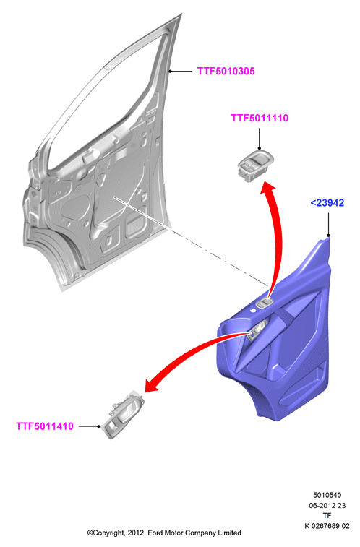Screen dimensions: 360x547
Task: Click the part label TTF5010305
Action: point(226,71)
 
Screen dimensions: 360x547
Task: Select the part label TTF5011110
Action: point(260,118)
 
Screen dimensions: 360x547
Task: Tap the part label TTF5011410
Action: point(45,426)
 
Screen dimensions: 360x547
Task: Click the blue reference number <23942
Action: point(327,202)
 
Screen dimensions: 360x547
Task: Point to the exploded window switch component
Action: point(256,166)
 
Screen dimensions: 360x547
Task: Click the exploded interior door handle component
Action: point(122,414)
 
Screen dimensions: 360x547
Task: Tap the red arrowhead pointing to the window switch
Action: point(267,188)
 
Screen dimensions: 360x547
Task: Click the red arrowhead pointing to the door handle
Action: point(152,385)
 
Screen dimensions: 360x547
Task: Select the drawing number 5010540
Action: point(327,495)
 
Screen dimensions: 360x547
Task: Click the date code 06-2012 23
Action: point(327,506)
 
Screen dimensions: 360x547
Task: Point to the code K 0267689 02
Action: point(327,526)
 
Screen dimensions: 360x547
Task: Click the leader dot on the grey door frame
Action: point(170,71)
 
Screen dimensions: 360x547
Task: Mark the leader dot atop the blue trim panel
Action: point(328,236)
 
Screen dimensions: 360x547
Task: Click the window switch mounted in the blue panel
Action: point(264,303)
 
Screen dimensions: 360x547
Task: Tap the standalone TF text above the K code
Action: point(327,516)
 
